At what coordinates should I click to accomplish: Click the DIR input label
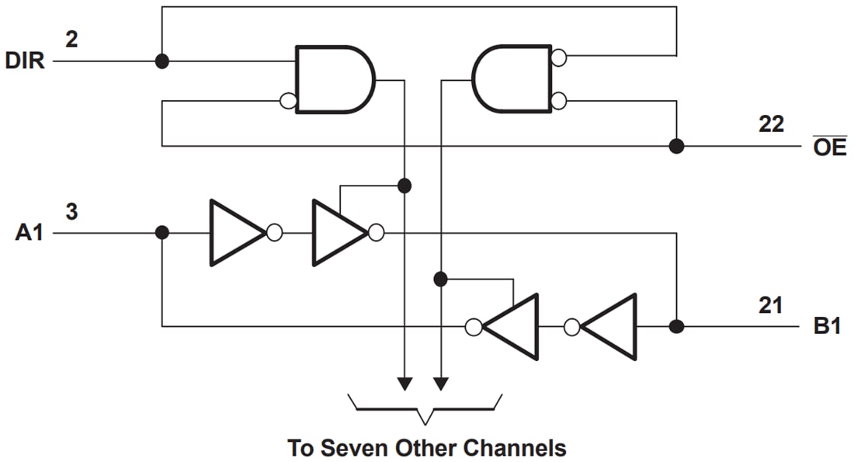tap(25, 61)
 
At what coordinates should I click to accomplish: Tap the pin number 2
tap(71, 38)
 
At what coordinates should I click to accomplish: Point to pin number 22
tap(770, 123)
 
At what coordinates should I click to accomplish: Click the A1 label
tap(30, 233)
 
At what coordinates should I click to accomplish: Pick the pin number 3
tap(71, 210)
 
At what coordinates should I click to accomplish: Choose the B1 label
tap(828, 326)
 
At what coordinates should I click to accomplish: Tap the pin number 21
tap(770, 304)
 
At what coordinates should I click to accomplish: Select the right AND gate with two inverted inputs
tap(512, 79)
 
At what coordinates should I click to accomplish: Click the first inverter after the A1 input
tap(238, 233)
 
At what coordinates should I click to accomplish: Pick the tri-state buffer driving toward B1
tap(339, 233)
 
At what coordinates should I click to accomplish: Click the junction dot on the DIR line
tap(161, 61)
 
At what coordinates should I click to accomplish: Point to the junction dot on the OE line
tap(676, 146)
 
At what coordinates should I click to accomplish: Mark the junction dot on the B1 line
tap(676, 326)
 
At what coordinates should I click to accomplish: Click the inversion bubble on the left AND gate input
tap(288, 101)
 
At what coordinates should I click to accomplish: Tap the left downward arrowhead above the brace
tap(404, 384)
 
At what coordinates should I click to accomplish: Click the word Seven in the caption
tap(353, 448)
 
